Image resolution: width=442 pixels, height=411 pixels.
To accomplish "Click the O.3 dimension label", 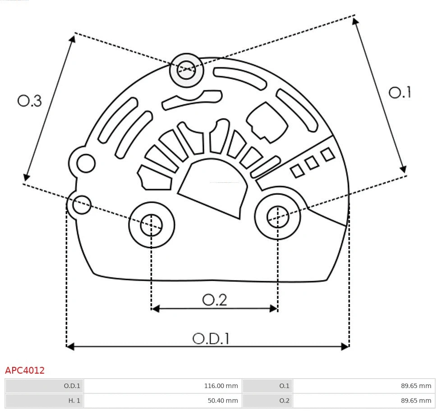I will pos(30,101).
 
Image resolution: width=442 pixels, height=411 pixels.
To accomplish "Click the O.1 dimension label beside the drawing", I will pos(400,92).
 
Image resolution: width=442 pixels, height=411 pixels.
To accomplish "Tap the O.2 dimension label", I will pos(214,299).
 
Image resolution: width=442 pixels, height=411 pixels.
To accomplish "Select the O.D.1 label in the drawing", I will pos(211,338).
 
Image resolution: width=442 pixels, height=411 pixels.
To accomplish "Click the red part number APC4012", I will pos(25,370).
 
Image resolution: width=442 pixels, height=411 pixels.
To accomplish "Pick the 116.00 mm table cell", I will pos(221,386).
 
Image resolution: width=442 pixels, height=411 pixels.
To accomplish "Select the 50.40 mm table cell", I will pos(221,400).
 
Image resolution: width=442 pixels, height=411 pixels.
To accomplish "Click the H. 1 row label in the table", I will pos(74,400).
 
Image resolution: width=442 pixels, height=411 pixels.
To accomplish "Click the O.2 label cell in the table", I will pos(284,400).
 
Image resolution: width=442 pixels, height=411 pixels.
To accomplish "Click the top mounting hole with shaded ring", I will pos(186,70).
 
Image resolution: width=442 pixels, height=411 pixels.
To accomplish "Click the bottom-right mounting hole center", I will pos(278,217).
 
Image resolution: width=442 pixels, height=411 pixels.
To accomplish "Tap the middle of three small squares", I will pos(312,163).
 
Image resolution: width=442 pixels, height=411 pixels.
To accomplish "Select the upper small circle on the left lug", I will pos(86,163).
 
